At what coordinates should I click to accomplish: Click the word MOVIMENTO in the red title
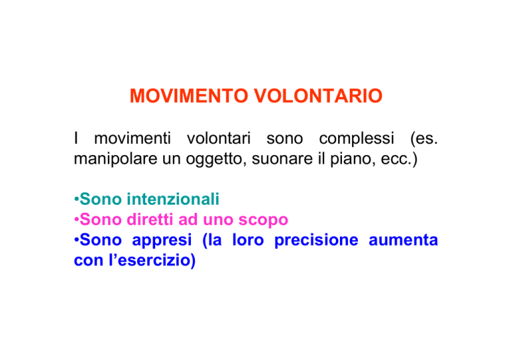click(189, 95)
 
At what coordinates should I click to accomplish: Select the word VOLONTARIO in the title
click(318, 95)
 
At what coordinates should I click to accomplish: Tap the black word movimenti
click(133, 139)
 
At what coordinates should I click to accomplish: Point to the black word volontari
click(219, 139)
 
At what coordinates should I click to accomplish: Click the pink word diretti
click(150, 219)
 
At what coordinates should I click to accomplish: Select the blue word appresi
click(162, 241)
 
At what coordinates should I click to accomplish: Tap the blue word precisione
click(316, 241)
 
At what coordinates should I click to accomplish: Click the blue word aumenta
click(403, 240)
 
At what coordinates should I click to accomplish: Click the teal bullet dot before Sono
click(77, 199)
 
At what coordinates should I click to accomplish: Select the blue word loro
click(248, 240)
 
